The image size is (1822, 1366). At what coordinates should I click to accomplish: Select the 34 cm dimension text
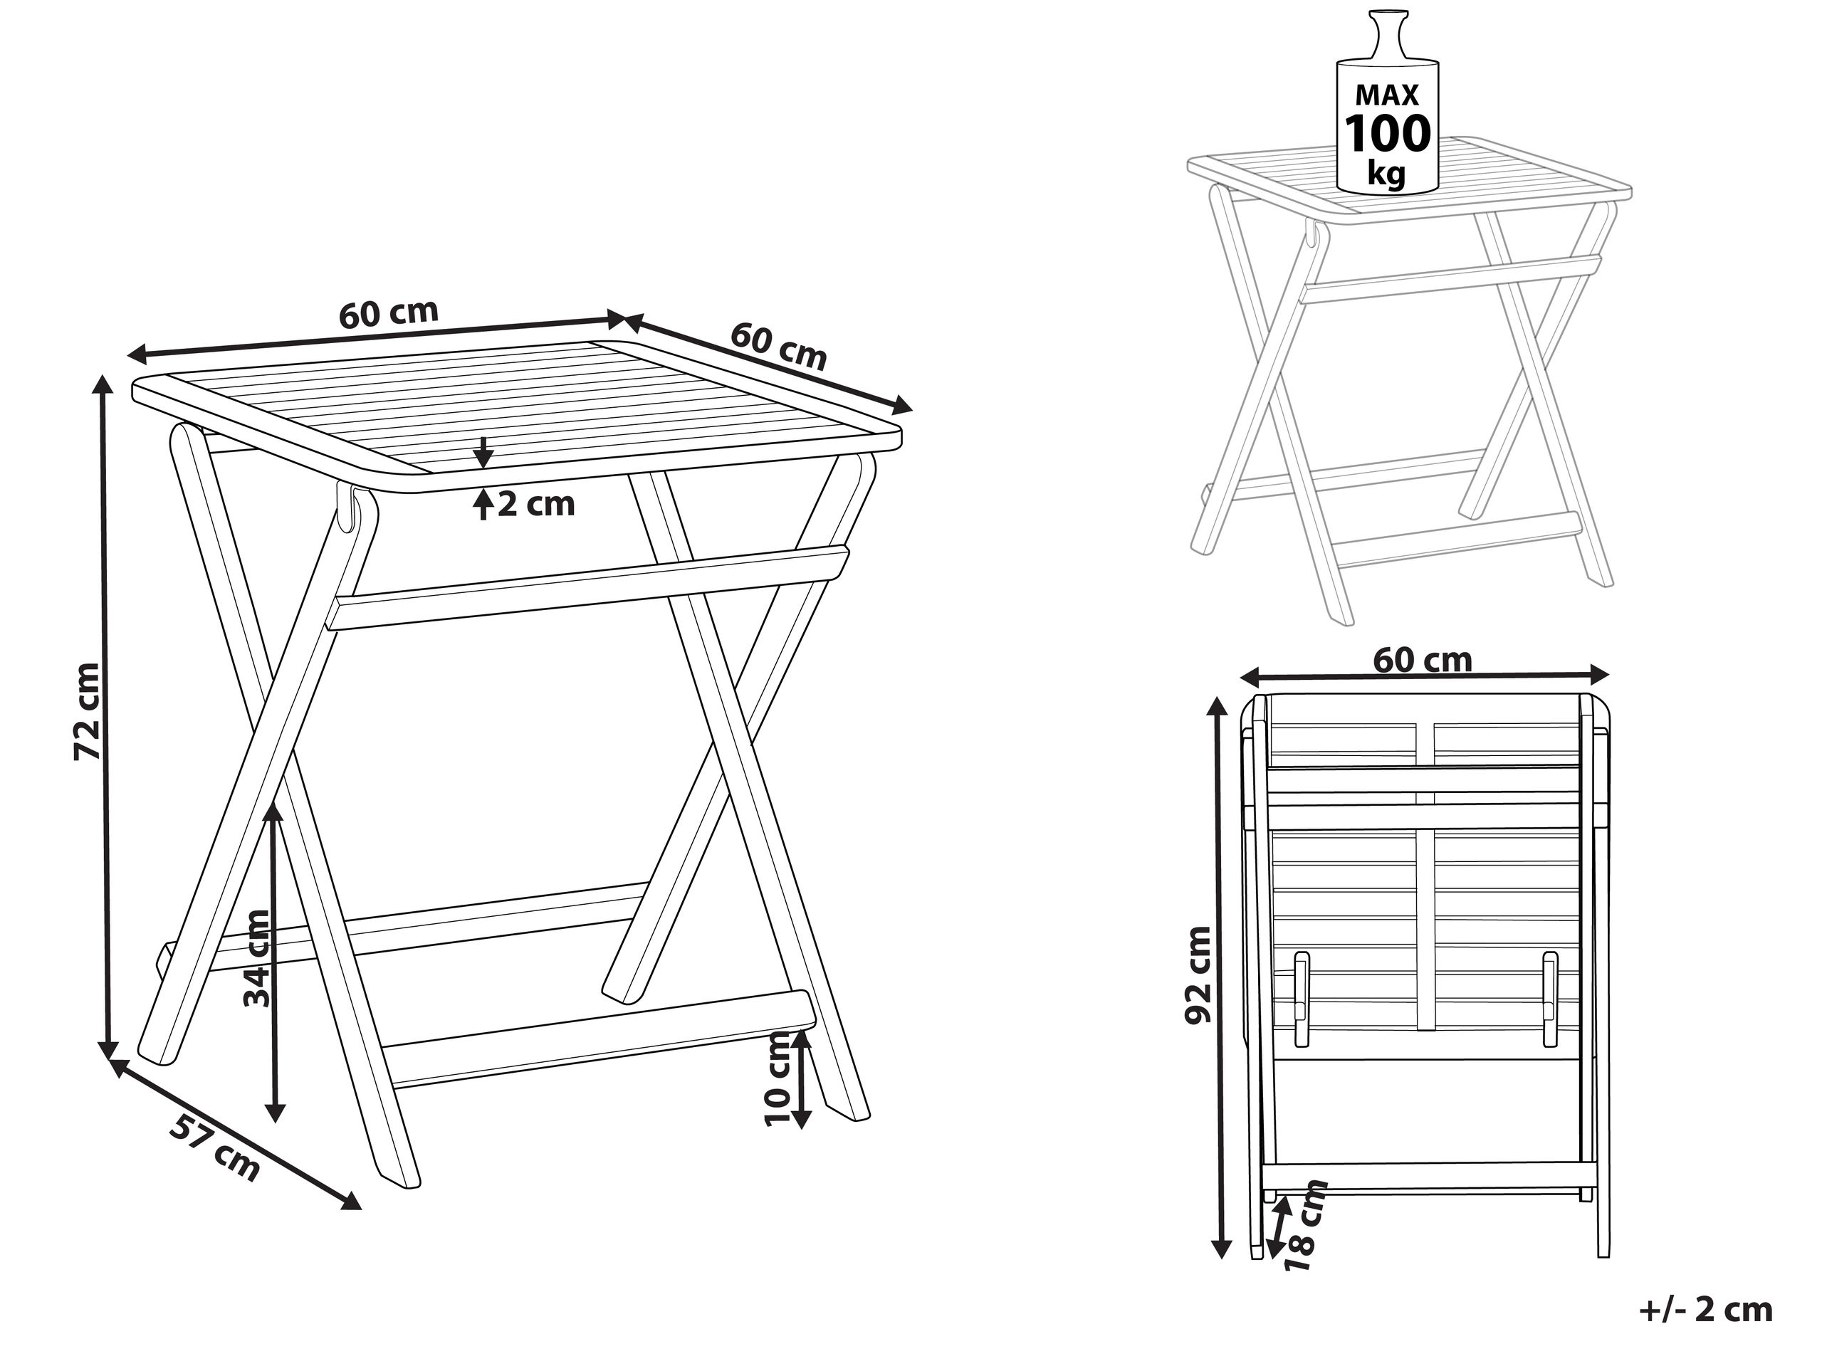pyautogui.click(x=257, y=957)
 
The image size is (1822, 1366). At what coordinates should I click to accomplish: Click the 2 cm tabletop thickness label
pyautogui.click(x=536, y=504)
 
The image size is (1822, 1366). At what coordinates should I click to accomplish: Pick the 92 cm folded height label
pyautogui.click(x=1198, y=975)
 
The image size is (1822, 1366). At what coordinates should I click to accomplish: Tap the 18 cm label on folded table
pyautogui.click(x=1308, y=1224)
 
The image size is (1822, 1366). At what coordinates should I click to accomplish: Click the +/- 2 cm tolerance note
pyautogui.click(x=1706, y=1309)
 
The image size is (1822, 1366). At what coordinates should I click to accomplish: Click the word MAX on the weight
pyautogui.click(x=1388, y=95)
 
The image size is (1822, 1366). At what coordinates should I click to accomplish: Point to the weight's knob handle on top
pyautogui.click(x=1387, y=33)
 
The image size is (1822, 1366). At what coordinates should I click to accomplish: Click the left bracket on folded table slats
pyautogui.click(x=1302, y=999)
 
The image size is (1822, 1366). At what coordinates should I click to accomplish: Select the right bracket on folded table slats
pyautogui.click(x=1551, y=999)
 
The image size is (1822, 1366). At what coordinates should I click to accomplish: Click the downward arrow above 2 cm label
pyautogui.click(x=484, y=453)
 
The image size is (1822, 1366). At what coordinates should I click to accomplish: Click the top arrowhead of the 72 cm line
pyautogui.click(x=103, y=387)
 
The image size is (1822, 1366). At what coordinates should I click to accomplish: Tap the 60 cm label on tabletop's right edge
pyautogui.click(x=778, y=346)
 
